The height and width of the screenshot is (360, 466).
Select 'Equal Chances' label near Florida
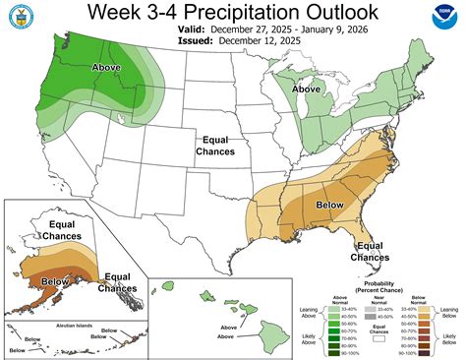click(370, 251)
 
